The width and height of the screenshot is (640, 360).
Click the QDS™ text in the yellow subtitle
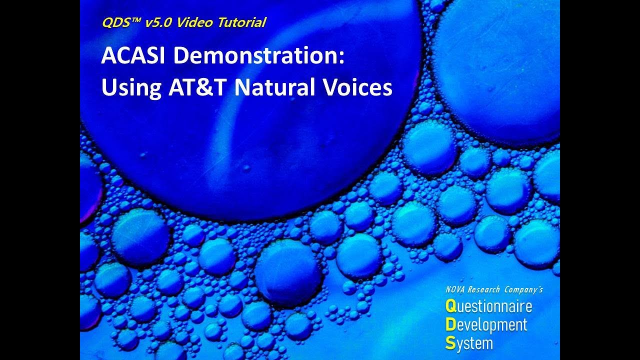[x=117, y=22]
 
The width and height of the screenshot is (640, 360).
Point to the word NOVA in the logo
[x=455, y=289]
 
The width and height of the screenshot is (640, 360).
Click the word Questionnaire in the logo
[x=488, y=306]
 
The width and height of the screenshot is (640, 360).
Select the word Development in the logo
[x=486, y=325]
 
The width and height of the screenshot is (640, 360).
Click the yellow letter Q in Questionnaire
[x=450, y=306]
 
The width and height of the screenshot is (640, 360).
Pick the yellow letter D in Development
[x=450, y=325]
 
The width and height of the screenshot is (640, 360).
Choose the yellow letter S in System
[x=449, y=343]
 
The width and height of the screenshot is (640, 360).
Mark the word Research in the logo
[x=483, y=289]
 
